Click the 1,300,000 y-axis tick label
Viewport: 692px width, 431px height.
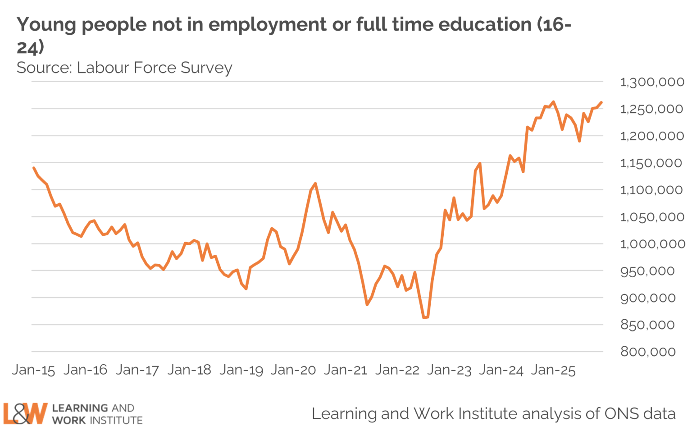click(x=651, y=82)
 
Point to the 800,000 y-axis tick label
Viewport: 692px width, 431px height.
click(x=648, y=352)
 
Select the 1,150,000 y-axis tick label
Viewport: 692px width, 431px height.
click(x=651, y=163)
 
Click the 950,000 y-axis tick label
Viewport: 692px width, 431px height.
click(x=647, y=271)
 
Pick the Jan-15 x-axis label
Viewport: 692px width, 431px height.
click(x=33, y=370)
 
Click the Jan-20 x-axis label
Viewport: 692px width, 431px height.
click(x=293, y=370)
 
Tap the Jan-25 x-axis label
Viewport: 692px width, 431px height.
click(x=553, y=370)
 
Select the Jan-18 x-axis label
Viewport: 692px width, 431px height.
click(x=189, y=370)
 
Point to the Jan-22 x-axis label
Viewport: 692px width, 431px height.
click(x=397, y=370)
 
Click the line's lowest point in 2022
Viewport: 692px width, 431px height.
click(x=424, y=318)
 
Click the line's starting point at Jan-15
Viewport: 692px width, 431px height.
click(x=34, y=168)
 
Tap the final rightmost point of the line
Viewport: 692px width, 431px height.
click(x=601, y=103)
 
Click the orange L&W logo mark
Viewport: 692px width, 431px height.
click(x=25, y=413)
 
